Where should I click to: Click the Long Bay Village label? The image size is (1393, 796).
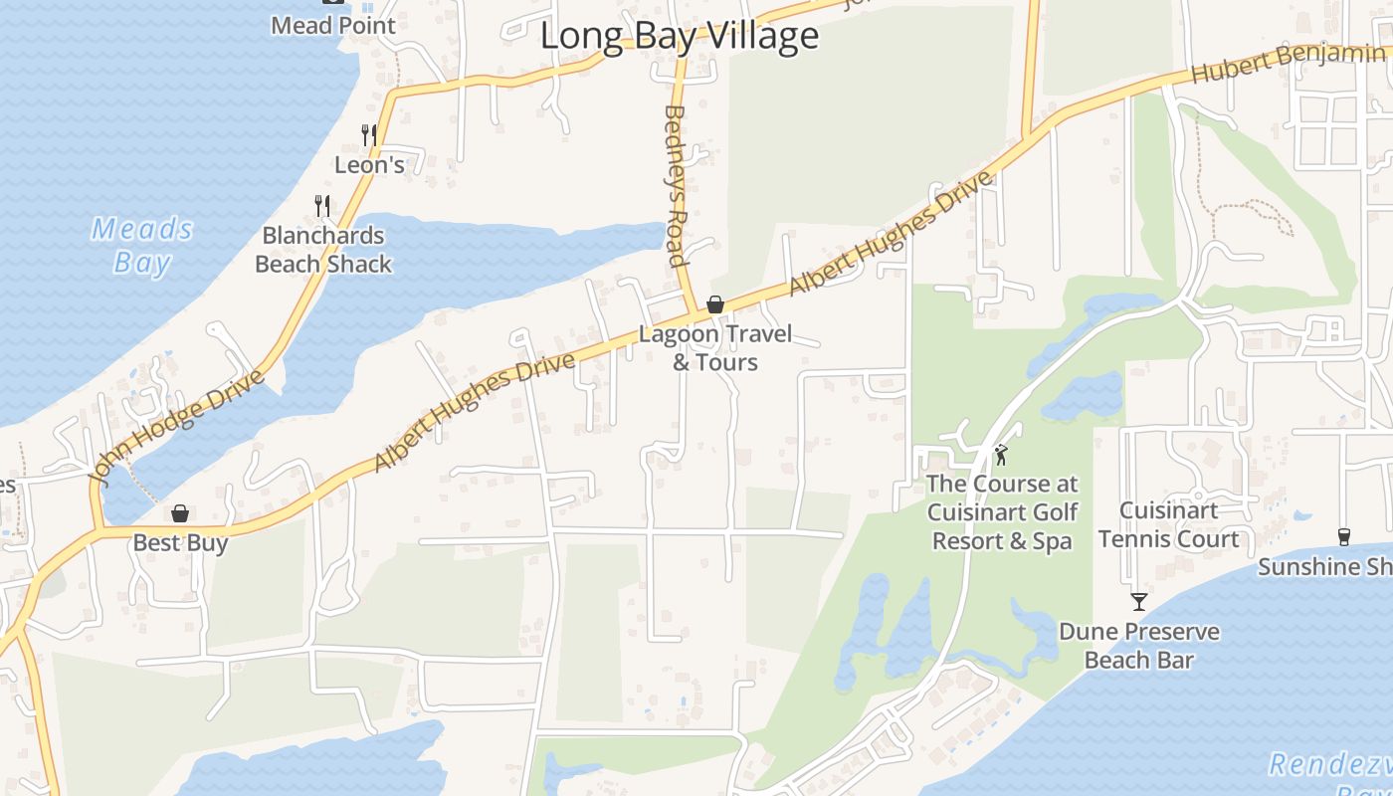[x=679, y=37]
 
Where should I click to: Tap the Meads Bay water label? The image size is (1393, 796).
[x=142, y=246]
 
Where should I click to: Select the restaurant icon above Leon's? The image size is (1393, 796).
[x=368, y=134]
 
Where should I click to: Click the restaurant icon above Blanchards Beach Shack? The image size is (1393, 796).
[x=321, y=205]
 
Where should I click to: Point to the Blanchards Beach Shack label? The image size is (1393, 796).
[x=323, y=250]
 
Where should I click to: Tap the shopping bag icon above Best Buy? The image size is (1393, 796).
[x=180, y=513]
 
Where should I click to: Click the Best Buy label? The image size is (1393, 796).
[x=180, y=543]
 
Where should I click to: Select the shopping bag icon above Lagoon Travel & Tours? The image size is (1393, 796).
[x=714, y=304]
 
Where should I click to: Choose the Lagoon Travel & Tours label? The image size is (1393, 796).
[x=714, y=348]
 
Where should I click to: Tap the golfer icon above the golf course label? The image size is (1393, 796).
[x=1002, y=456]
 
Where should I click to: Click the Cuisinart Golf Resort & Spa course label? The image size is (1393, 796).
[x=1002, y=512]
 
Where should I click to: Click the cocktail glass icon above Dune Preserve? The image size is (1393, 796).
[x=1139, y=601]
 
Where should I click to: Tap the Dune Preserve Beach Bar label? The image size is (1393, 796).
[x=1139, y=646]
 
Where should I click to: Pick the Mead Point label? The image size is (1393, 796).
[x=333, y=26]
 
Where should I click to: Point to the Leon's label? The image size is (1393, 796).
[x=369, y=165]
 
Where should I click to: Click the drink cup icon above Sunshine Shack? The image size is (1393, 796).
[x=1344, y=536]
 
